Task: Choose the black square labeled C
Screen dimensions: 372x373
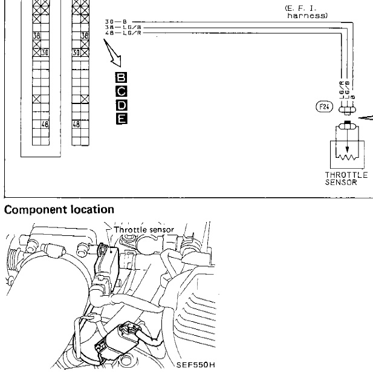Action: tap(121, 91)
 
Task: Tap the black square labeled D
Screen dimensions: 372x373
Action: tap(121, 105)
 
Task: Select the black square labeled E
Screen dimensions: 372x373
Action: tap(121, 119)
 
